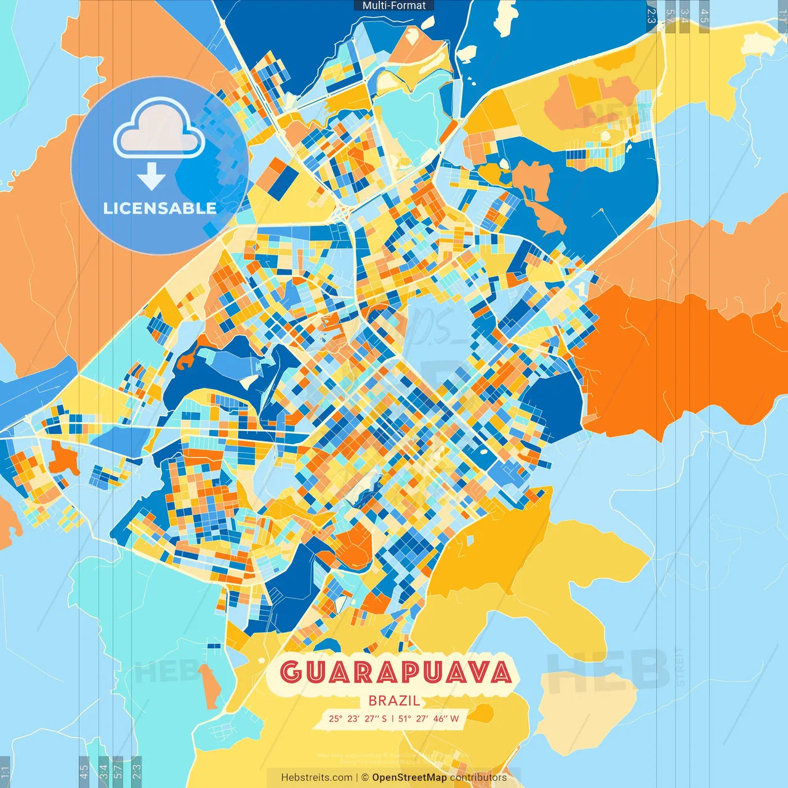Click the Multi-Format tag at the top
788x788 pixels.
point(394,6)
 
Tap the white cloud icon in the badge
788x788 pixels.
point(159,130)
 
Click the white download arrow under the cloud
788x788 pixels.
point(151,177)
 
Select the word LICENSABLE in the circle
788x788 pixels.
point(159,208)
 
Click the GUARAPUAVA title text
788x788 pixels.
point(395,672)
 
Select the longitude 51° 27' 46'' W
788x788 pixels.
point(428,718)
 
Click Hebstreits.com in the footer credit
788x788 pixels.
point(316,778)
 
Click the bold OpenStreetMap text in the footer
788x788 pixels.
point(409,778)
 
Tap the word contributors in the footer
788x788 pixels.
point(478,778)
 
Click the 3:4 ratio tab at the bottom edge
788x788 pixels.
point(103,771)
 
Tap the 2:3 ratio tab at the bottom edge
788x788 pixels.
point(137,771)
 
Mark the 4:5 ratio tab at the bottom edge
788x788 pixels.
point(84,771)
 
